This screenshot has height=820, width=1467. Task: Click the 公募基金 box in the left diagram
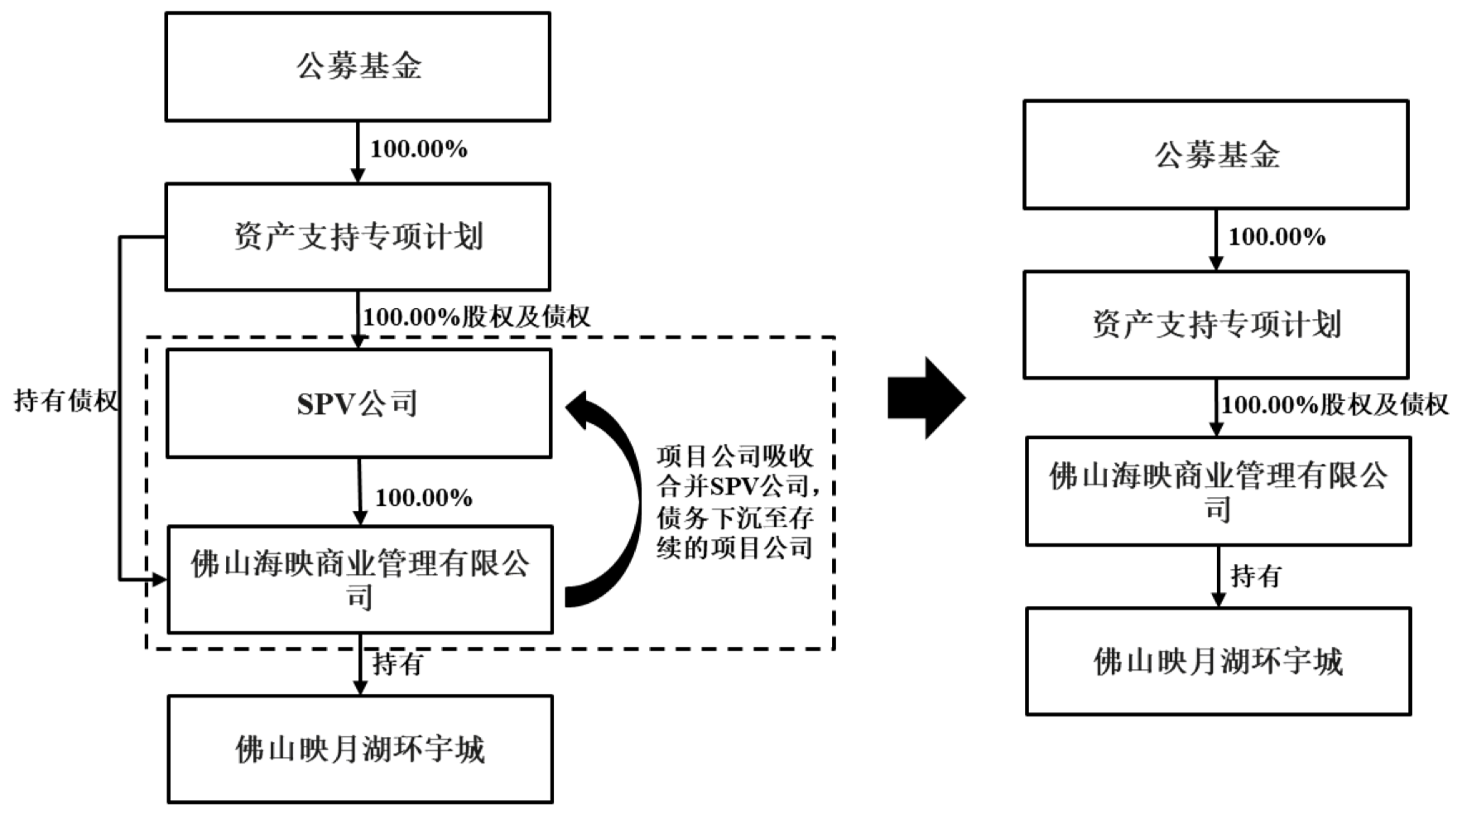pos(358,67)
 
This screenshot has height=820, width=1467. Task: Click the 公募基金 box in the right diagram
pos(1215,155)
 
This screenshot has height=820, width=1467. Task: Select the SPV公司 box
pos(358,403)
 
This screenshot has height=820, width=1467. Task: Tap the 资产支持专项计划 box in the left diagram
pos(358,237)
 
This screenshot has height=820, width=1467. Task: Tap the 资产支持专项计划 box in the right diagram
pos(1215,325)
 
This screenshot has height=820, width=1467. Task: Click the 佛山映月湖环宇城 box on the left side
pos(360,749)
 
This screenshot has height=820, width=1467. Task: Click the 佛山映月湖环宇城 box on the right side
pos(1218,661)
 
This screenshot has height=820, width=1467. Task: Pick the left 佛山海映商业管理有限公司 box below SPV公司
pos(360,580)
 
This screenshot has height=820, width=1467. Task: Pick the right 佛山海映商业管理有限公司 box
pos(1218,491)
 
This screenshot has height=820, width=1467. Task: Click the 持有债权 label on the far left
pos(65,401)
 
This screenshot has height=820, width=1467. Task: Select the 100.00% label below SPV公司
pos(423,498)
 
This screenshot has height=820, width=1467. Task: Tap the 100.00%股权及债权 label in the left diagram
pos(476,316)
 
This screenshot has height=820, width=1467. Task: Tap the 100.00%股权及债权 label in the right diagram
pos(1335,404)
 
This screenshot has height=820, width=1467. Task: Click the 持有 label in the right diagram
pos(1255,576)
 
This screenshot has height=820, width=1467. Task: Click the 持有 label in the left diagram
pos(397,663)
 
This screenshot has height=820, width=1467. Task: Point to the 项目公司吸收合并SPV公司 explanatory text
pos(735,502)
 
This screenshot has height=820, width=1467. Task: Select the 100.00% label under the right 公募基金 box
pos(1276,237)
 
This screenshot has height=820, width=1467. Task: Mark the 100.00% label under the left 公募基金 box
pos(418,149)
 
